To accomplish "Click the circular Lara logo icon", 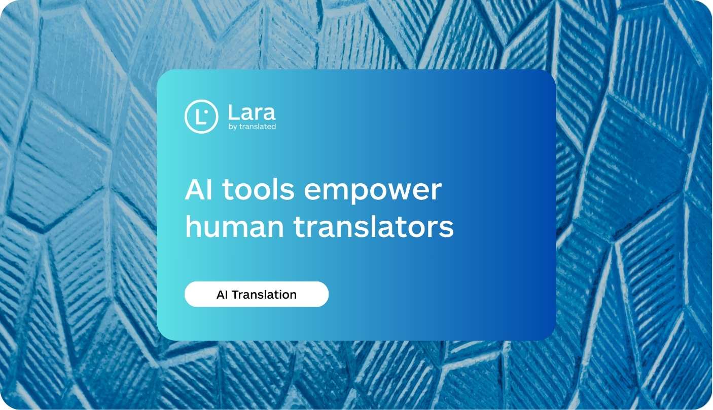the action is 201,116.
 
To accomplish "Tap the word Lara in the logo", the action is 252,112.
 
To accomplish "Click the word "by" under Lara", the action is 233,127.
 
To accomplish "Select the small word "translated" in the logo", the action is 258,127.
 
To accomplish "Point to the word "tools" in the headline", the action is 258,190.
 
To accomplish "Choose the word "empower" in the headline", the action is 373,191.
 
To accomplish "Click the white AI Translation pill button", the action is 257,294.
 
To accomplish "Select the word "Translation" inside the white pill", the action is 264,295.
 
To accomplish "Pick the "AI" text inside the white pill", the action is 222,295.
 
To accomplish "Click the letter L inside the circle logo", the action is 199,117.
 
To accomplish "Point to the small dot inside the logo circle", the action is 206,112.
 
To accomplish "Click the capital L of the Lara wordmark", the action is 233,112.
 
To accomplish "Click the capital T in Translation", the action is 235,295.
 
